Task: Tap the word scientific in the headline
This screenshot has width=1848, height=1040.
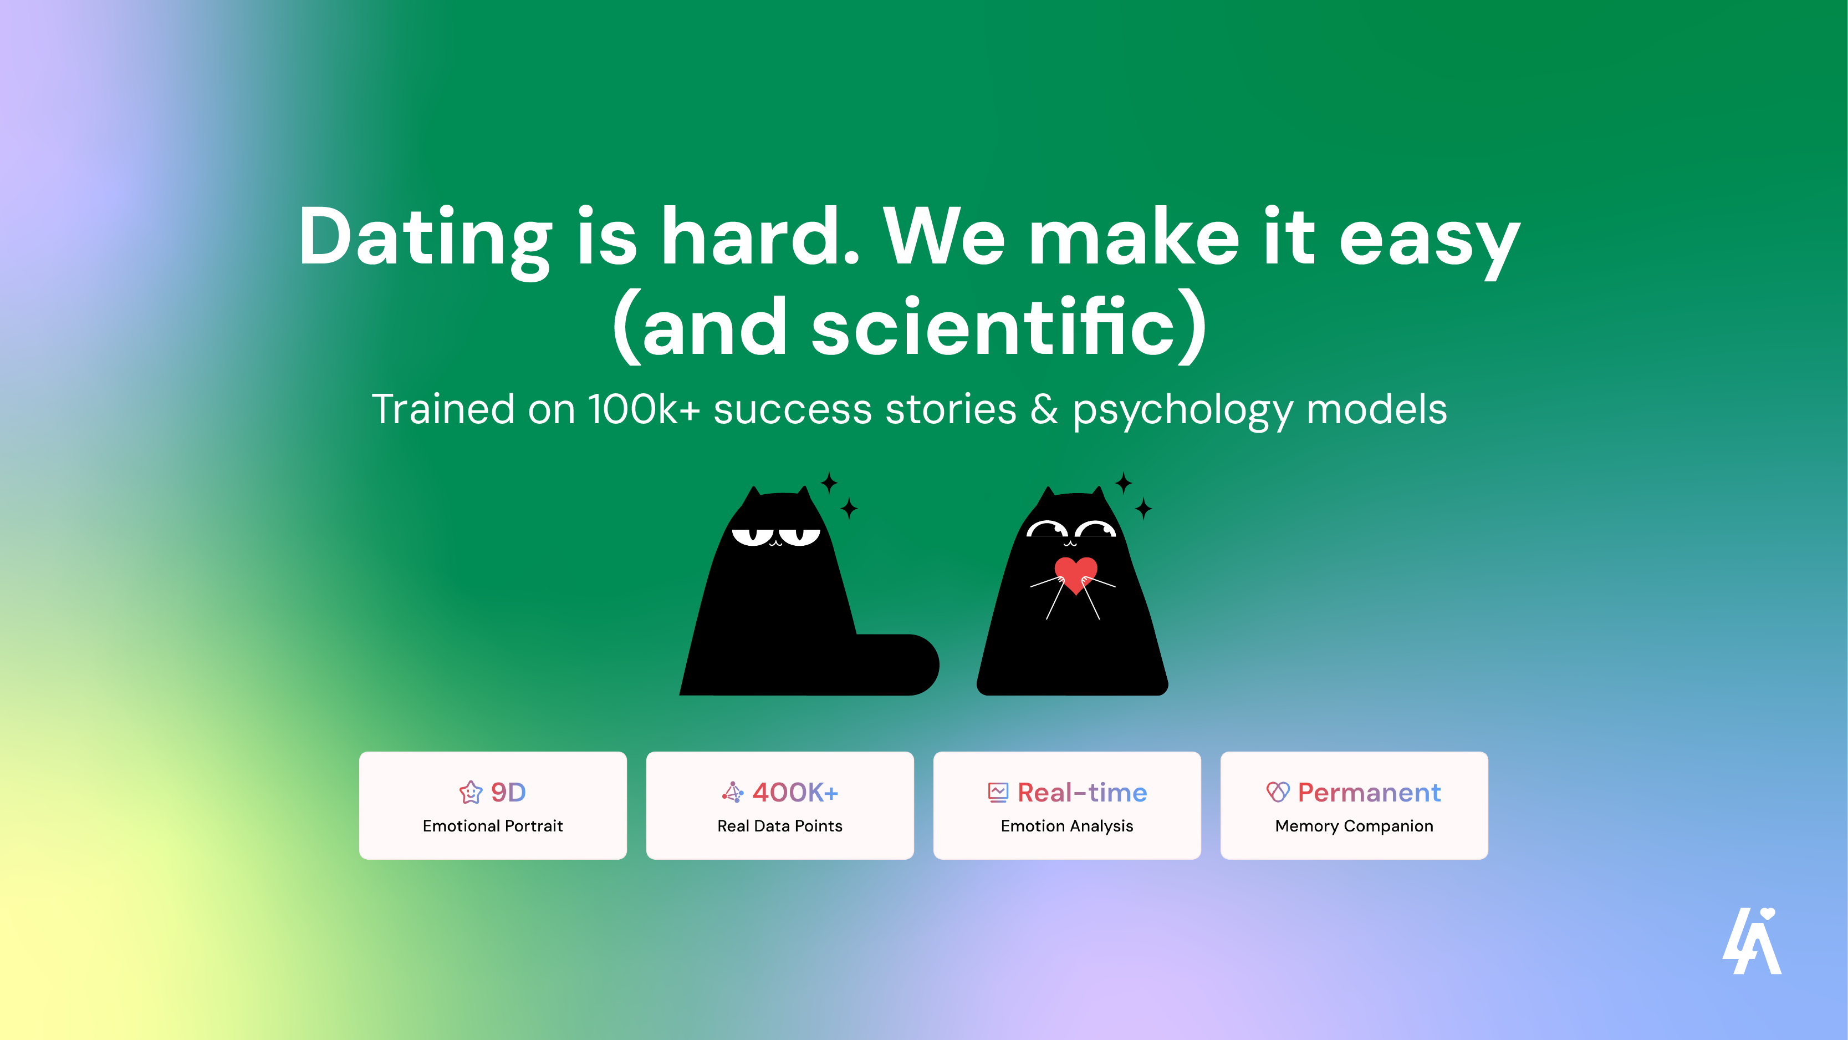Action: (x=994, y=327)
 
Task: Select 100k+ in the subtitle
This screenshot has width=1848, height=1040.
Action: (x=644, y=409)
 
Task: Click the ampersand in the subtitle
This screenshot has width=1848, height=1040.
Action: (x=1044, y=409)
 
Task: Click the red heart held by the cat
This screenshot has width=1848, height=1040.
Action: (x=1075, y=574)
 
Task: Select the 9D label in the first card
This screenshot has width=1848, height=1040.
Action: (x=508, y=793)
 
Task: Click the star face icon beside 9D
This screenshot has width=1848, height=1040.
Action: (x=471, y=793)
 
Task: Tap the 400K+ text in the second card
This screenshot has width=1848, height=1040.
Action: (x=795, y=793)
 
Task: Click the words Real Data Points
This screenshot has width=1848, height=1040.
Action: (x=780, y=826)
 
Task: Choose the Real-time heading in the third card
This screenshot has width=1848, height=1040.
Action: (x=1082, y=793)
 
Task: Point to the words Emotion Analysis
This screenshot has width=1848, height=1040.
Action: (x=1067, y=826)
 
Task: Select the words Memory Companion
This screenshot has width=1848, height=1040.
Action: (x=1354, y=826)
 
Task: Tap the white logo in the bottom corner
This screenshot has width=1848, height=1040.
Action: (x=1752, y=942)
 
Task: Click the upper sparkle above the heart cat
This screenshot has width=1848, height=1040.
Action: (x=1124, y=483)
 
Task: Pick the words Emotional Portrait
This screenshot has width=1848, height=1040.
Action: (x=493, y=826)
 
